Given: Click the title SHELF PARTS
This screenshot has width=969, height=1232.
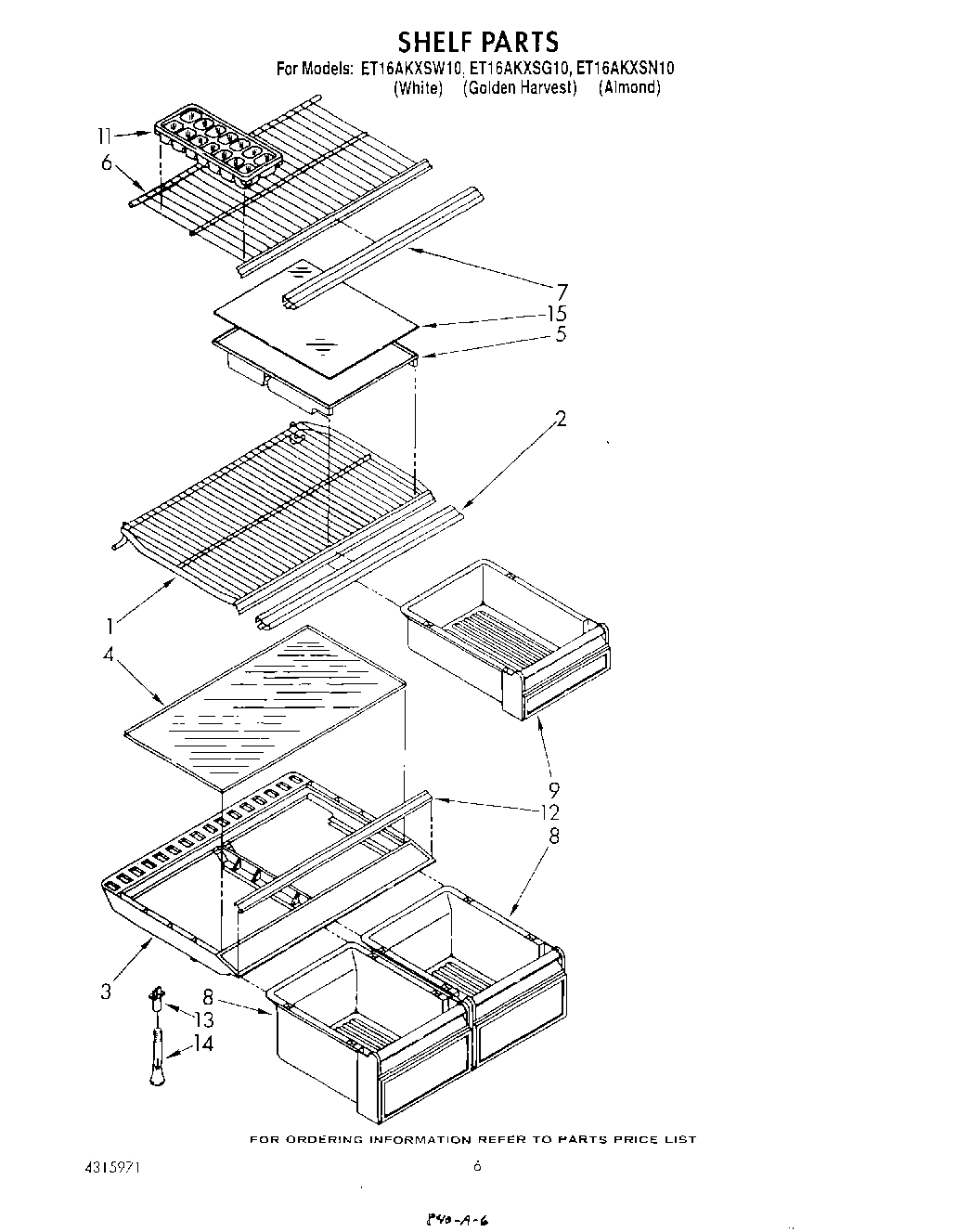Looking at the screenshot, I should [x=478, y=42].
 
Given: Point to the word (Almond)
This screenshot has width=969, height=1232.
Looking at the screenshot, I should [x=629, y=88].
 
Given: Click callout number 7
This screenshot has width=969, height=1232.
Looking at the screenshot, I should [x=561, y=292].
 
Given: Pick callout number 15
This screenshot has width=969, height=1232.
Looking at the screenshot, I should [x=557, y=314].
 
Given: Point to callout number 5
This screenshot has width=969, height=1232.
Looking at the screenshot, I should [x=561, y=335].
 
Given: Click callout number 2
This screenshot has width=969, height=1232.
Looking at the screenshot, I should [x=560, y=419].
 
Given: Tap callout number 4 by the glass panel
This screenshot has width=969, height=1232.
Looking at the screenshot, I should [x=109, y=655].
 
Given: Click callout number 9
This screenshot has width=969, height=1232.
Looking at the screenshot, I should [x=553, y=791].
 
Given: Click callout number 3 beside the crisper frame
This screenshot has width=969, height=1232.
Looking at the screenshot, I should [x=106, y=992].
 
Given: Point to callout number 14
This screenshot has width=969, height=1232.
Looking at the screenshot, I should [x=202, y=1044].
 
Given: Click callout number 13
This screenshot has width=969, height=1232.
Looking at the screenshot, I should [x=202, y=1019].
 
